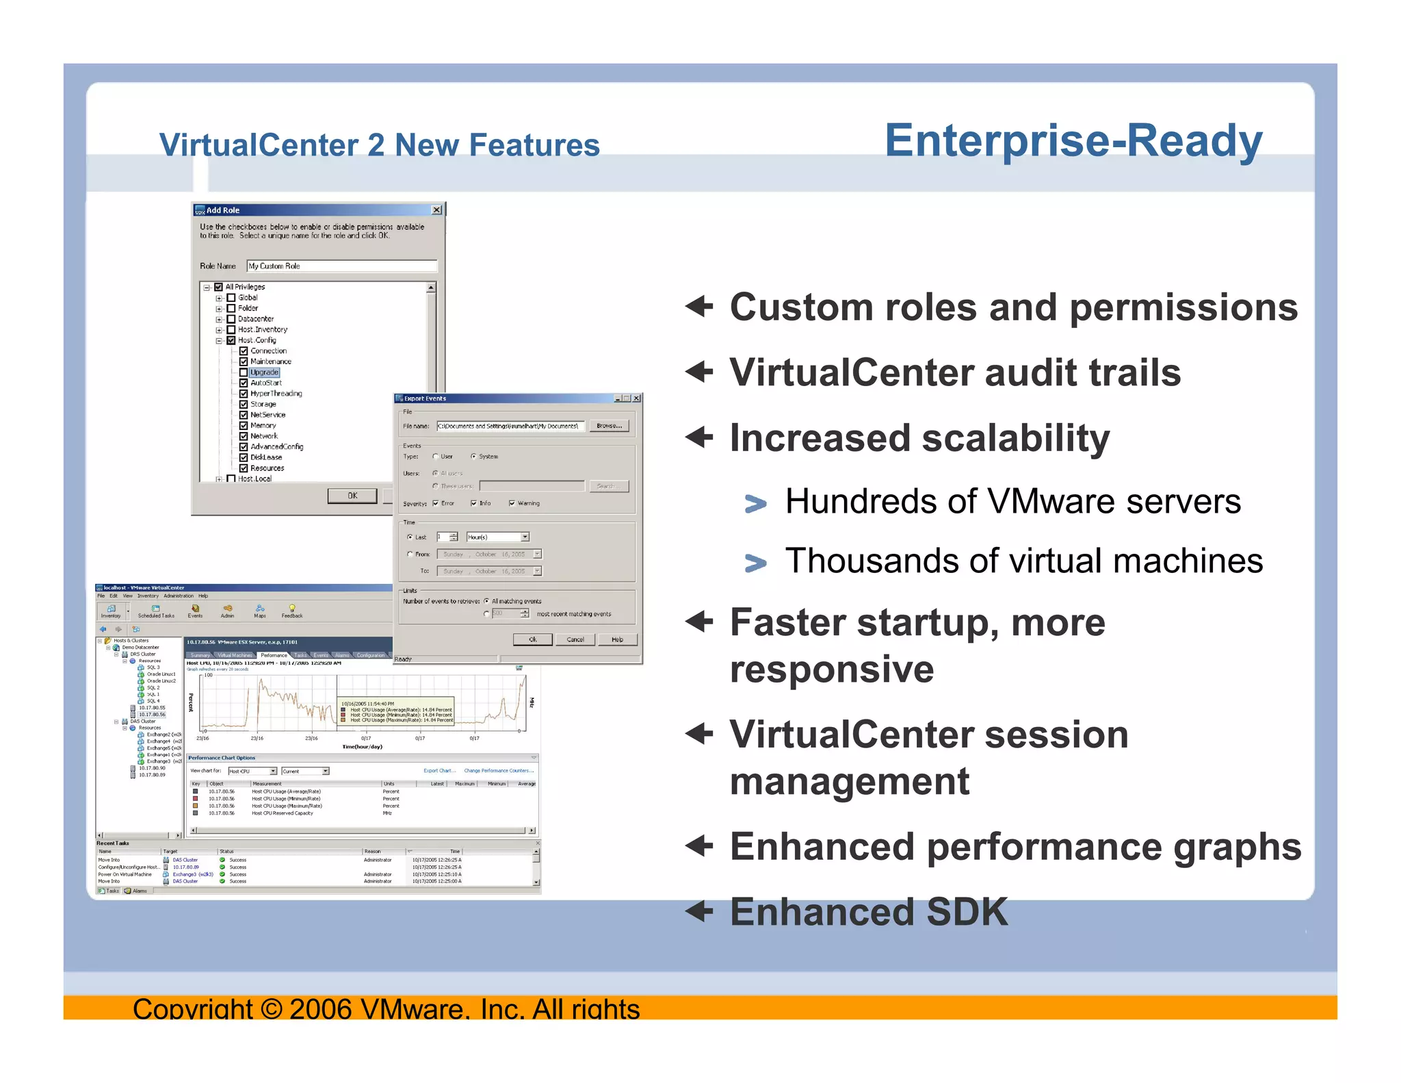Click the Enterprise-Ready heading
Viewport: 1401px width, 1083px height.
click(1073, 141)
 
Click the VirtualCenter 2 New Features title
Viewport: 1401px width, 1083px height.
click(379, 145)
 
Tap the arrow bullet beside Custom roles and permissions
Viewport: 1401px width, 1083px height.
click(699, 306)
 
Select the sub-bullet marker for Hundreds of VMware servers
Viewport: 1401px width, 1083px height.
click(755, 504)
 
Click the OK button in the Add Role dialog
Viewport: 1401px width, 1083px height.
click(352, 496)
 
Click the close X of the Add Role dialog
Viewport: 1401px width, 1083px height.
click(436, 210)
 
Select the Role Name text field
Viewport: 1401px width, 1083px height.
click(341, 266)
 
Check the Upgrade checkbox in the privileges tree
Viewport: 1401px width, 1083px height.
click(244, 372)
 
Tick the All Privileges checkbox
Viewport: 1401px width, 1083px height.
click(219, 287)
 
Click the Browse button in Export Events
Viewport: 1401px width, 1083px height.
click(608, 426)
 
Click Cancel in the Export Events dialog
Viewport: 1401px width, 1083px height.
click(575, 639)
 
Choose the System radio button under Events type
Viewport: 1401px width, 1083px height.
click(473, 457)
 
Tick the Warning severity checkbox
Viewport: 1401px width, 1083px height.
click(512, 503)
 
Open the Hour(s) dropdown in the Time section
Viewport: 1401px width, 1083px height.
click(525, 537)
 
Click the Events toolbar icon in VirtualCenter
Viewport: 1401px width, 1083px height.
click(195, 610)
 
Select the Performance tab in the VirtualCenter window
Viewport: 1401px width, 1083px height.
click(274, 655)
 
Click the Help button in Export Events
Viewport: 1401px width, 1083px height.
click(617, 639)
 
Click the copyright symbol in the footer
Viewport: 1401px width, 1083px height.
click(272, 1008)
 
